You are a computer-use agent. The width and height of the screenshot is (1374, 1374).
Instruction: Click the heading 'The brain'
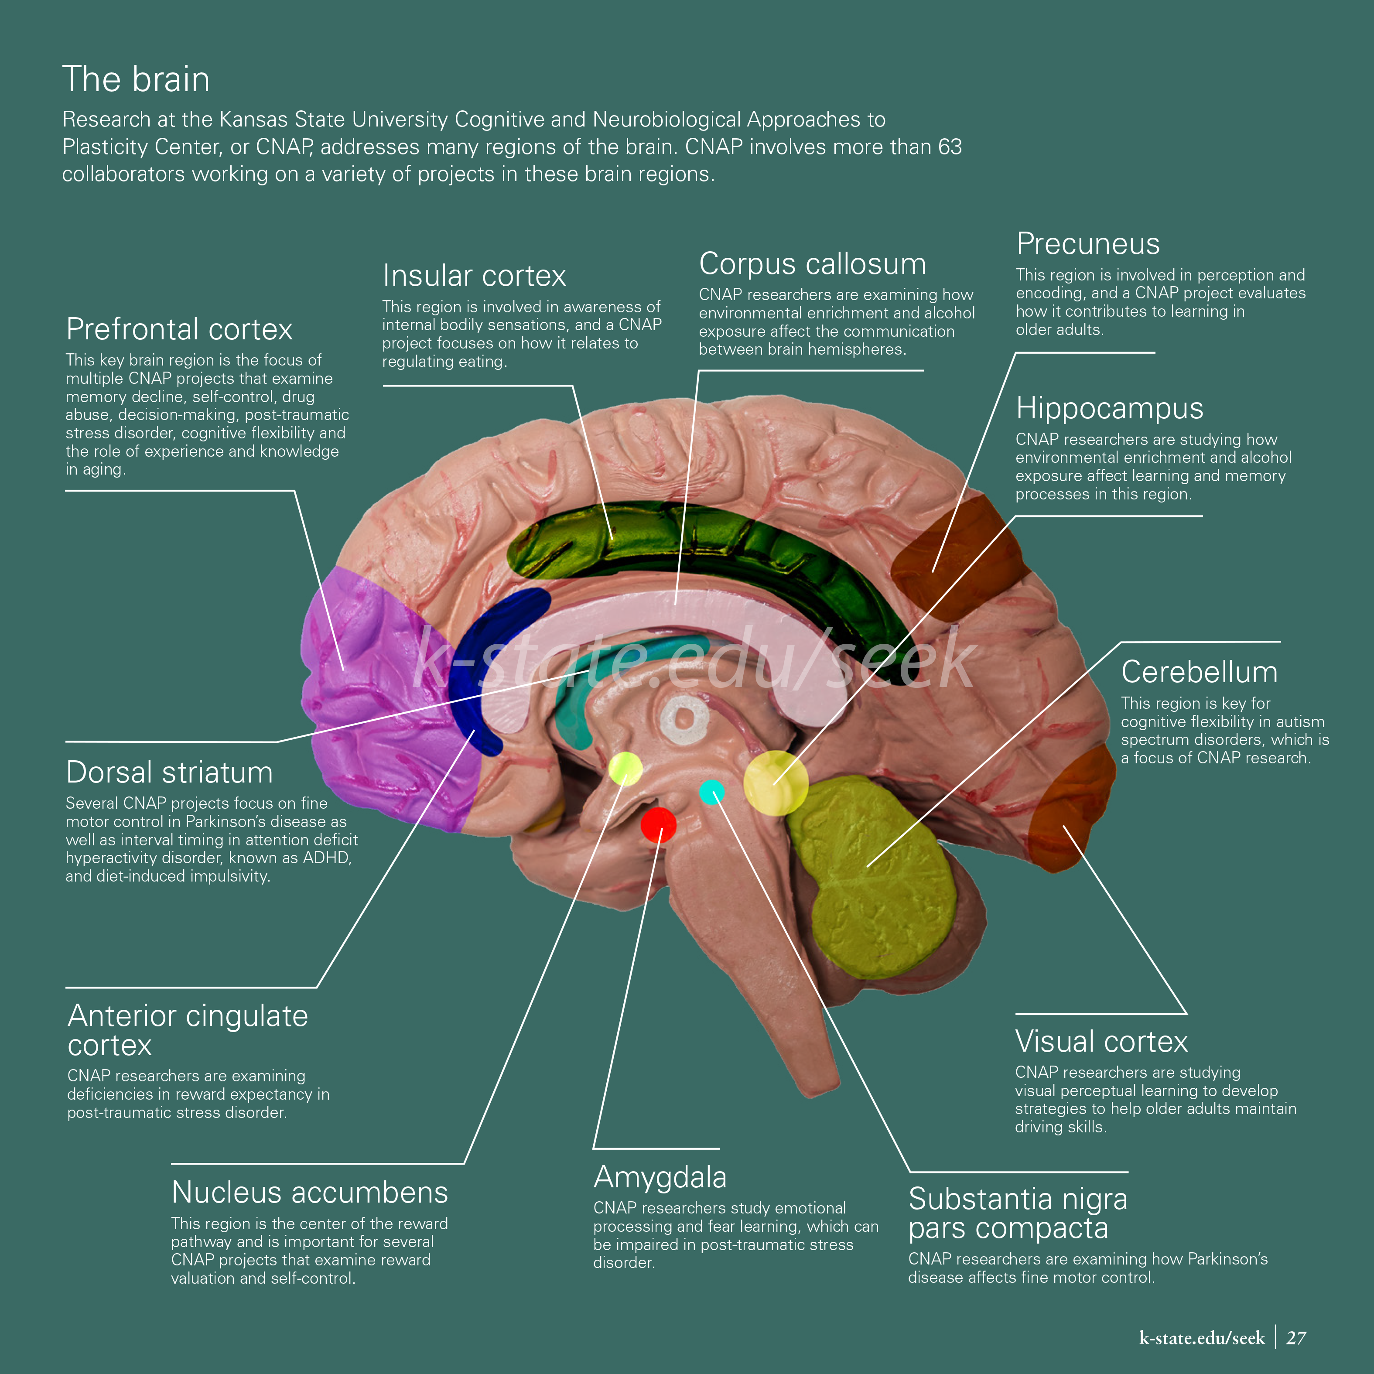tap(136, 79)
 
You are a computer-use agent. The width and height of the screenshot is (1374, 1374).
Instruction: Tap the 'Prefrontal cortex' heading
tap(179, 329)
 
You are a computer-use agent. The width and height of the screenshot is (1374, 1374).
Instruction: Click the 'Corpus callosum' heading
tap(812, 264)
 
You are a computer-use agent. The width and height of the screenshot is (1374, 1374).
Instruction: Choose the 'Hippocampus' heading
tap(1109, 408)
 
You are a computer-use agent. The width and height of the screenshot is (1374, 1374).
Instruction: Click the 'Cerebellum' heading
tap(1199, 672)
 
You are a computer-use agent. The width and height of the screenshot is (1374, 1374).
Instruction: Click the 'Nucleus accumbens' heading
tap(309, 1193)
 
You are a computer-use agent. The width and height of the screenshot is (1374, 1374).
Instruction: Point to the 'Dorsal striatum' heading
tap(169, 772)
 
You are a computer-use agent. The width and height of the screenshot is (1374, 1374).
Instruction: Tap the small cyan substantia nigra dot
tap(712, 792)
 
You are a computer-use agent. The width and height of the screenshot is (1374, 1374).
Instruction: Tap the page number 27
tap(1296, 1338)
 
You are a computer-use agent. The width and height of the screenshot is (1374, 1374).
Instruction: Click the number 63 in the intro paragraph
tap(950, 147)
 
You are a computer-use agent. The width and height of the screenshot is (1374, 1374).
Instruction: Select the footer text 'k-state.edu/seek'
tap(1201, 1338)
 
